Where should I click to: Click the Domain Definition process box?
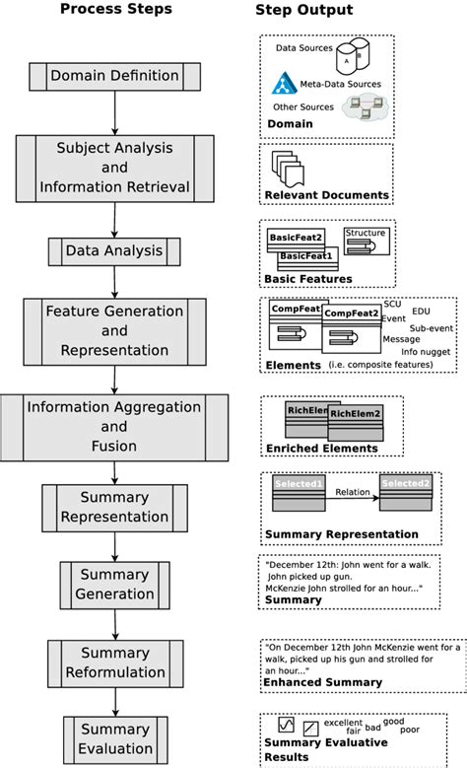point(115,75)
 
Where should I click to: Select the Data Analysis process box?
point(115,250)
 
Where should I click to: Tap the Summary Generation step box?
point(115,584)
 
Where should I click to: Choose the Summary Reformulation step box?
point(115,663)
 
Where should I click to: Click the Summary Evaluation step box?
point(115,739)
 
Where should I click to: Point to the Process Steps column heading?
point(115,11)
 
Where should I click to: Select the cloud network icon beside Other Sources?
point(362,112)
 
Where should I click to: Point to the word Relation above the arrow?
point(354,491)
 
